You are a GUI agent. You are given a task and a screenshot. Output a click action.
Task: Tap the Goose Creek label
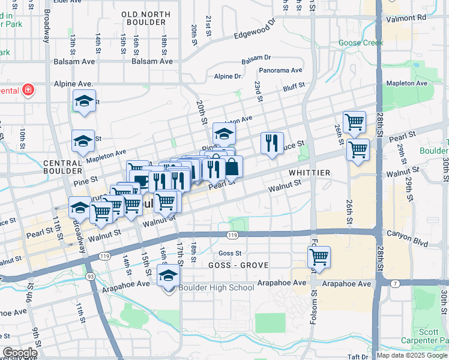[360, 43]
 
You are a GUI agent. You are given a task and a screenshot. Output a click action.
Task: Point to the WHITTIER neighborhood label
[309, 173]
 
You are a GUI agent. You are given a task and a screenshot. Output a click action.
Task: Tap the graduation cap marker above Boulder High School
[169, 275]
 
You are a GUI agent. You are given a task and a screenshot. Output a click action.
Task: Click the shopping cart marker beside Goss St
[319, 258]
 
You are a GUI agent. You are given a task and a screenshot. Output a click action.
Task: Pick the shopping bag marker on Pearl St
[232, 168]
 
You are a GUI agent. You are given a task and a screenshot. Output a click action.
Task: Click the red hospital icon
[28, 91]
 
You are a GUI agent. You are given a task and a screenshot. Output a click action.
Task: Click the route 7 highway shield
[394, 283]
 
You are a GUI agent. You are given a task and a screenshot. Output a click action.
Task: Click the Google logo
[20, 353]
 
